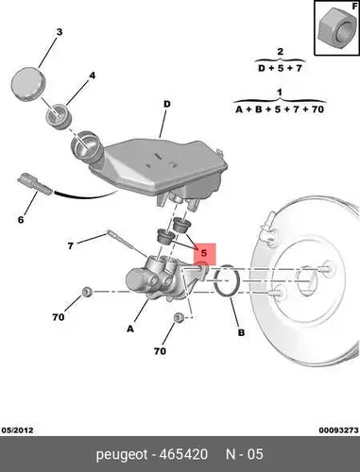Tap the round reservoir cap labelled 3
point(28,83)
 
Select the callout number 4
point(92,76)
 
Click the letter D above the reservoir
point(166,104)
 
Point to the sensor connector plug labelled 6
point(35,184)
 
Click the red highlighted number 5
point(204,253)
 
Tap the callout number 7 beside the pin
point(71,245)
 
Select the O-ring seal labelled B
point(227,281)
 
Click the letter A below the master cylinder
point(130,329)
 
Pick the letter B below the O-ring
point(241,332)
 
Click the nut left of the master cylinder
point(86,292)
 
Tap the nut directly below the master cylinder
point(179,317)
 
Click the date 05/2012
point(17,430)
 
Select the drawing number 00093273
point(338,430)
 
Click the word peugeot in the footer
point(122,455)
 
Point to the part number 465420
point(183,454)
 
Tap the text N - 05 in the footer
point(245,454)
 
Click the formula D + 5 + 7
point(280,68)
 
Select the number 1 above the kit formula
point(280,93)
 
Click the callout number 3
point(60,32)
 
